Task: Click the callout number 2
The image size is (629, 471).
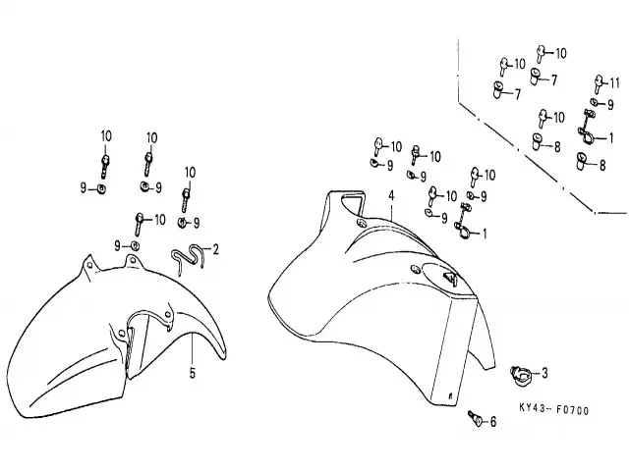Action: pos(215,248)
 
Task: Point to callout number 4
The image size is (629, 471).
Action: pos(390,196)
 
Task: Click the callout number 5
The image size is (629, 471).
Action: pos(192,373)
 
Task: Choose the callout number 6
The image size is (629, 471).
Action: pos(493,422)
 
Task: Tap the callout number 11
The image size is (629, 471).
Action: pos(614,81)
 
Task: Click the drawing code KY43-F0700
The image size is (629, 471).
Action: pos(553,410)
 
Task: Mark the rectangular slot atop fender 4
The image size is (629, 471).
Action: pos(349,203)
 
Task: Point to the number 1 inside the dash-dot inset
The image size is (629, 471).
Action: pos(611,136)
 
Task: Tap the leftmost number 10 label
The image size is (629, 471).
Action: pos(106,135)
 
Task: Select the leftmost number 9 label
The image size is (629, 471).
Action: pos(85,186)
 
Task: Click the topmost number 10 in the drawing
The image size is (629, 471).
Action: pos(560,52)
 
